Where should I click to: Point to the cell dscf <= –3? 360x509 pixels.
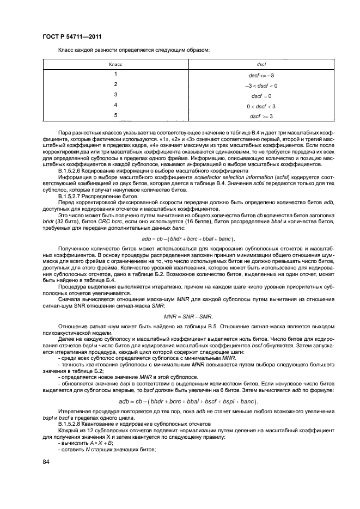261,75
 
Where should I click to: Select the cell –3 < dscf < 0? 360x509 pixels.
261,85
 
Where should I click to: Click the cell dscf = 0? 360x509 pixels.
261,96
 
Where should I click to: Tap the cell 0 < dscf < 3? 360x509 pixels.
261,106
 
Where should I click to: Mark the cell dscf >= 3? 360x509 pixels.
261,116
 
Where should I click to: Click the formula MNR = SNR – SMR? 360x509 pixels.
188,316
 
